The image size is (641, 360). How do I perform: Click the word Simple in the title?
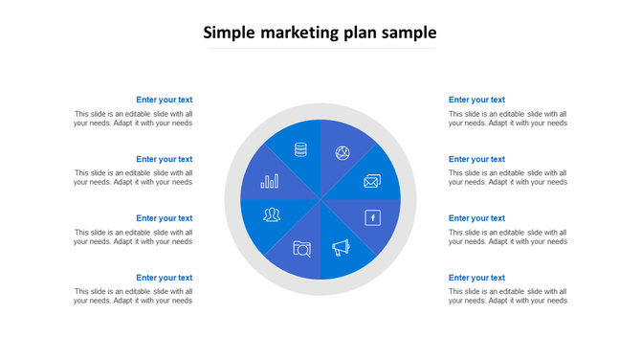229,33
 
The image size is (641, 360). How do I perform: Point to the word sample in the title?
410,34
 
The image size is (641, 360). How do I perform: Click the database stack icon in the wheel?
300,149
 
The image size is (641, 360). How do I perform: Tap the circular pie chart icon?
342,153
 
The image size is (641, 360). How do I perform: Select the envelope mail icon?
372,181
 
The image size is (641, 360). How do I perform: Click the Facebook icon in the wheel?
373,218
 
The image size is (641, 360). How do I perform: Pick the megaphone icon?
342,248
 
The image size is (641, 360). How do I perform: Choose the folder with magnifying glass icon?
302,249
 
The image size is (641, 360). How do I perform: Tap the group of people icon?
272,214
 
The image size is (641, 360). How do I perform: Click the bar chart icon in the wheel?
270,180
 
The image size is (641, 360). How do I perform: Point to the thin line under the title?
320,49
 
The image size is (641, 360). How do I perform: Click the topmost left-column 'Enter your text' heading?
164,100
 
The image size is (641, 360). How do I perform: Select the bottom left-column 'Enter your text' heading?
164,278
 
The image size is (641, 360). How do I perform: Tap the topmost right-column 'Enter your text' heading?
476,100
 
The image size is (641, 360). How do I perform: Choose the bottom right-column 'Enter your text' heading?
476,278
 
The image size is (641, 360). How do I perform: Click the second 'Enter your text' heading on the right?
476,159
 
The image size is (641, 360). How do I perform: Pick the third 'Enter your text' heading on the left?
164,218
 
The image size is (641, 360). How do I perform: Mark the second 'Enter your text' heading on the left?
164,159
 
